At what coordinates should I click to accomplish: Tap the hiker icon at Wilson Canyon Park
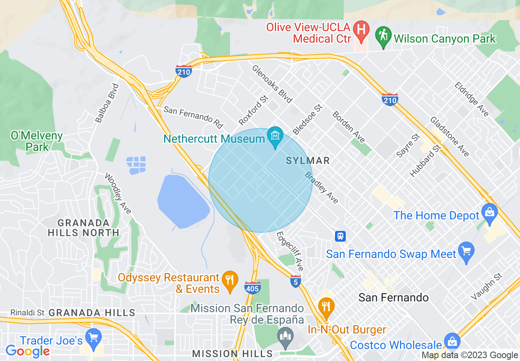click(x=383, y=36)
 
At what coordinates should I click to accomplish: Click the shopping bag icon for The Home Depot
click(x=489, y=212)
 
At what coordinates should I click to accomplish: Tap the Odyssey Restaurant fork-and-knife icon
click(x=230, y=280)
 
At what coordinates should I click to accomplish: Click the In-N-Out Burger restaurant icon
click(x=326, y=307)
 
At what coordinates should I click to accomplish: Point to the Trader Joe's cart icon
click(x=94, y=337)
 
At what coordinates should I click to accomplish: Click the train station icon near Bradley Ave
click(x=340, y=236)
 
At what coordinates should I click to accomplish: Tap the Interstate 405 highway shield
click(x=252, y=288)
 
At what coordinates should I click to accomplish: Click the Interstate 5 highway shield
click(x=296, y=282)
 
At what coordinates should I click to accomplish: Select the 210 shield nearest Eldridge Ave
click(x=390, y=99)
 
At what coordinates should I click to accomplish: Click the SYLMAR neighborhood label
click(x=308, y=160)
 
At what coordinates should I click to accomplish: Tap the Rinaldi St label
click(x=27, y=313)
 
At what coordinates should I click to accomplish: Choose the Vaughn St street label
click(x=487, y=286)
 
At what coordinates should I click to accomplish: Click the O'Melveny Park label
click(x=37, y=141)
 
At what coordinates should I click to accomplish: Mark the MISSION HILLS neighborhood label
click(x=232, y=353)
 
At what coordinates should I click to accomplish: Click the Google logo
click(x=27, y=351)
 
